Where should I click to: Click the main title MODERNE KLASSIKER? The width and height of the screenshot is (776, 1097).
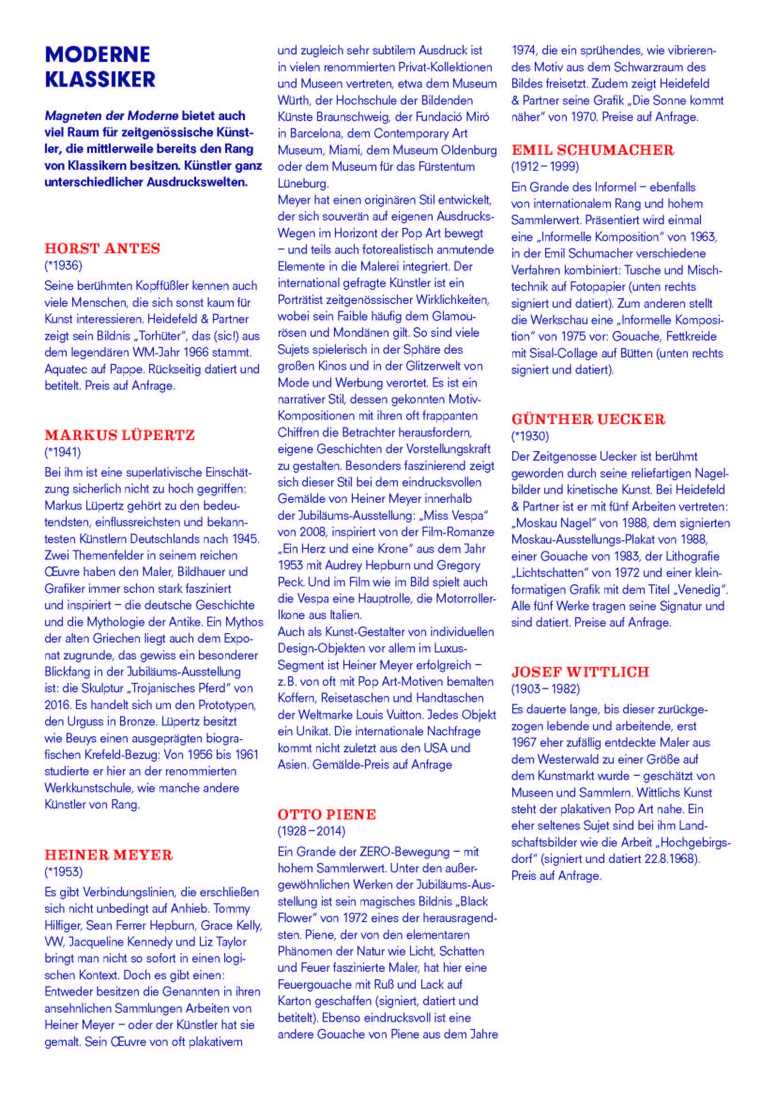click(100, 67)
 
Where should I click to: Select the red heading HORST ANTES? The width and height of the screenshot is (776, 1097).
click(102, 249)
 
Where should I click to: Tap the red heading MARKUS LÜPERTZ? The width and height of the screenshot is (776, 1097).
click(120, 435)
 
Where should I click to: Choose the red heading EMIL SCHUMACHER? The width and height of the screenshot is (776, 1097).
click(593, 151)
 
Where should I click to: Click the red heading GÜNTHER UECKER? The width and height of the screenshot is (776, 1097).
click(588, 419)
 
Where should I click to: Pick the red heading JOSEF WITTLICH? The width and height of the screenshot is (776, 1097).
click(580, 672)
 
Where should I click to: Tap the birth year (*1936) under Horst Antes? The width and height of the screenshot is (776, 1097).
click(63, 265)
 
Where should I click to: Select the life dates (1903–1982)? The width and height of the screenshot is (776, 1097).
click(545, 689)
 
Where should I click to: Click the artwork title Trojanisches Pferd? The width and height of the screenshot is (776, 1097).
click(175, 688)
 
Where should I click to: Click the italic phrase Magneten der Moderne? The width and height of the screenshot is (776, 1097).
click(112, 116)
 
